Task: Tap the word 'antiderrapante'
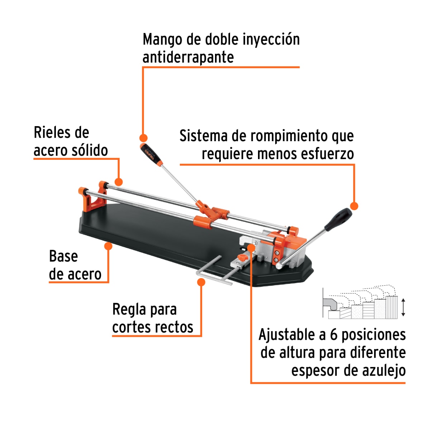(x=188, y=57)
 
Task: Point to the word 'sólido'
(x=90, y=150)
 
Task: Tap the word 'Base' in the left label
(x=63, y=257)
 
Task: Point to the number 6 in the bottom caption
(x=334, y=335)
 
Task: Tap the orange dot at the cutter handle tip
(x=143, y=138)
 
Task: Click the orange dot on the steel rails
(x=119, y=182)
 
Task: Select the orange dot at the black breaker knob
(x=354, y=206)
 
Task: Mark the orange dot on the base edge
(x=108, y=246)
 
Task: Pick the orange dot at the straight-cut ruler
(x=201, y=282)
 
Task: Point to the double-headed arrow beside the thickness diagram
(x=403, y=307)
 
